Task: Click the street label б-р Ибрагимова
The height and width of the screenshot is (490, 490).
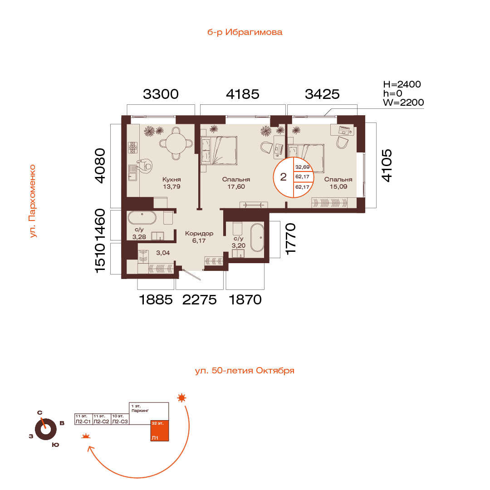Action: click(x=245, y=32)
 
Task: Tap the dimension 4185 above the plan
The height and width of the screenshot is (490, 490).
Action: click(x=242, y=94)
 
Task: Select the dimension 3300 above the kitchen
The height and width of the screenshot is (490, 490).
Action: click(x=161, y=94)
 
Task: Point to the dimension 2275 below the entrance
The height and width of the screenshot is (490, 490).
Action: click(x=199, y=300)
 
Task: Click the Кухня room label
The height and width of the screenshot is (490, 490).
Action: click(x=171, y=179)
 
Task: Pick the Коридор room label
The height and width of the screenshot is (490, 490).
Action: click(x=199, y=234)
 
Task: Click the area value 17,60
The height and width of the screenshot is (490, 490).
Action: click(x=236, y=186)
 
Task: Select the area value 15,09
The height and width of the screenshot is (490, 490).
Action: click(x=338, y=186)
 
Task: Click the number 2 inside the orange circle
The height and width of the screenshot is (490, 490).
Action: click(x=283, y=177)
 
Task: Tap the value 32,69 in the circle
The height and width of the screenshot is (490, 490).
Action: click(x=302, y=167)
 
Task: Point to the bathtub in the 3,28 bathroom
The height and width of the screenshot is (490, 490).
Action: click(x=142, y=218)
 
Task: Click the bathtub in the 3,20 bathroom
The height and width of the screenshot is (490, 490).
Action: click(x=257, y=237)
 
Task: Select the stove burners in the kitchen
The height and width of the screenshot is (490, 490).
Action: click(x=133, y=147)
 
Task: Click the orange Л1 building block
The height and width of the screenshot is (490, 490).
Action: click(x=160, y=430)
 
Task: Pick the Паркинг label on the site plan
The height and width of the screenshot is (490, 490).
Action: click(x=140, y=411)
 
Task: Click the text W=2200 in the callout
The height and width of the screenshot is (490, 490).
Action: click(x=403, y=102)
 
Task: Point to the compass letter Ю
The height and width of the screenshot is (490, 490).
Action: click(x=55, y=445)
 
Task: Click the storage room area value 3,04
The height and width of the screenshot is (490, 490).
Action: click(x=163, y=253)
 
